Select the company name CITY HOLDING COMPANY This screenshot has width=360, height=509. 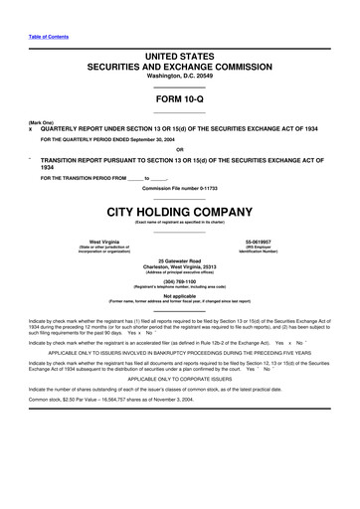click(179, 212)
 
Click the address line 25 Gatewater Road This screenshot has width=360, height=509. click(179, 259)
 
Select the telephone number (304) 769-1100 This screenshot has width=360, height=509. click(179, 280)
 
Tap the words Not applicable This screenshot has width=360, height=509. click(179, 295)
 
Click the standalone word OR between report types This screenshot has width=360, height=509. click(179, 150)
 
